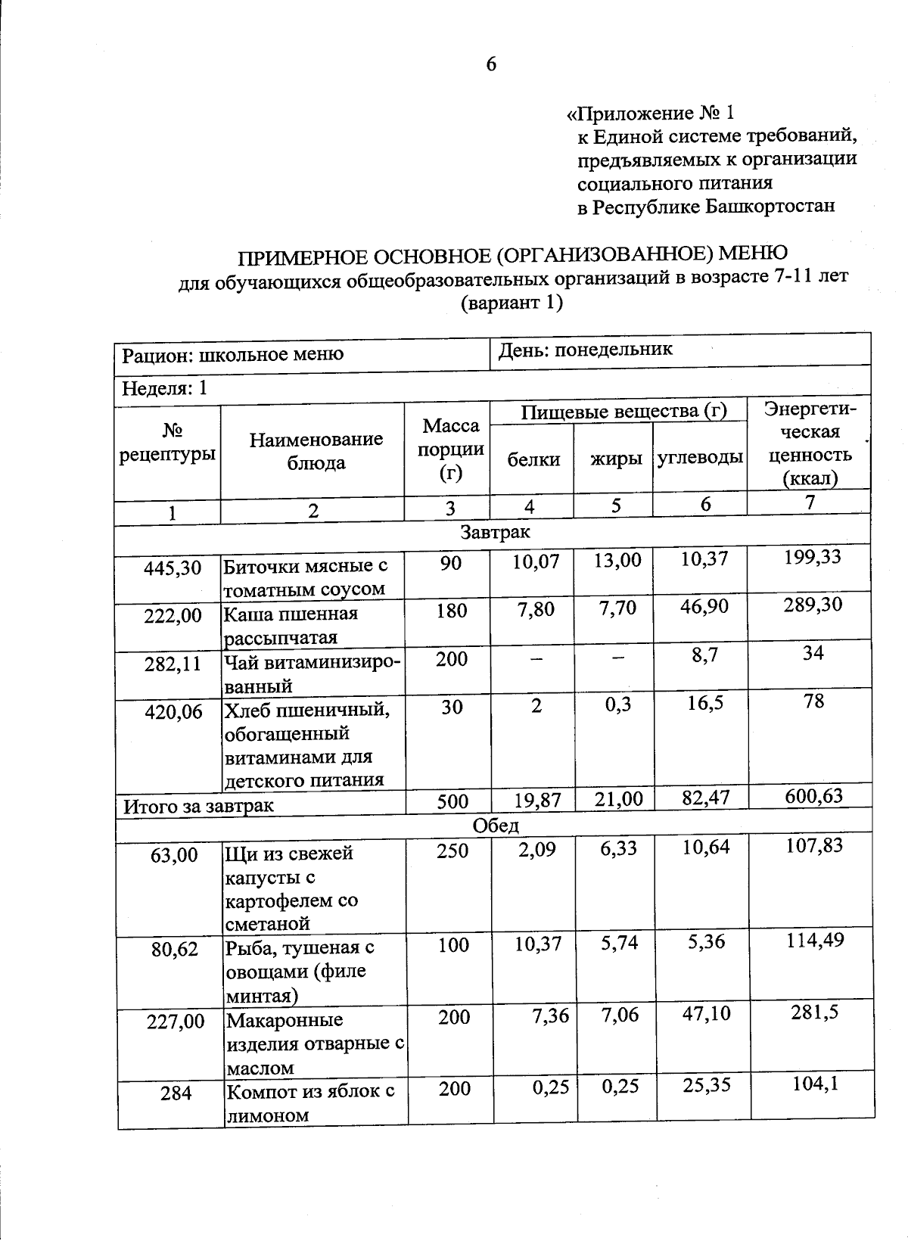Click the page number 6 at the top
tap(491, 65)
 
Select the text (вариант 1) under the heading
tap(512, 303)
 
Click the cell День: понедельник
tap(585, 350)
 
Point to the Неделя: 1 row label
tap(165, 389)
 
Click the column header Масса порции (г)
tap(450, 449)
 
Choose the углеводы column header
tap(700, 459)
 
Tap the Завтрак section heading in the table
tap(496, 532)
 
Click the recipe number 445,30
tap(173, 568)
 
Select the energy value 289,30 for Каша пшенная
tap(812, 605)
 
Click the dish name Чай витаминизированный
tap(312, 673)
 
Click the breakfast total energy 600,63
tap(813, 796)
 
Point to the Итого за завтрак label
tap(198, 806)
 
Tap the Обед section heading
tap(496, 824)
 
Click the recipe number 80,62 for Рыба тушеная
tap(174, 948)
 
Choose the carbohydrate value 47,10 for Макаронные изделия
tap(706, 1014)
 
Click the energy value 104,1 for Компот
tap(815, 1084)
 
